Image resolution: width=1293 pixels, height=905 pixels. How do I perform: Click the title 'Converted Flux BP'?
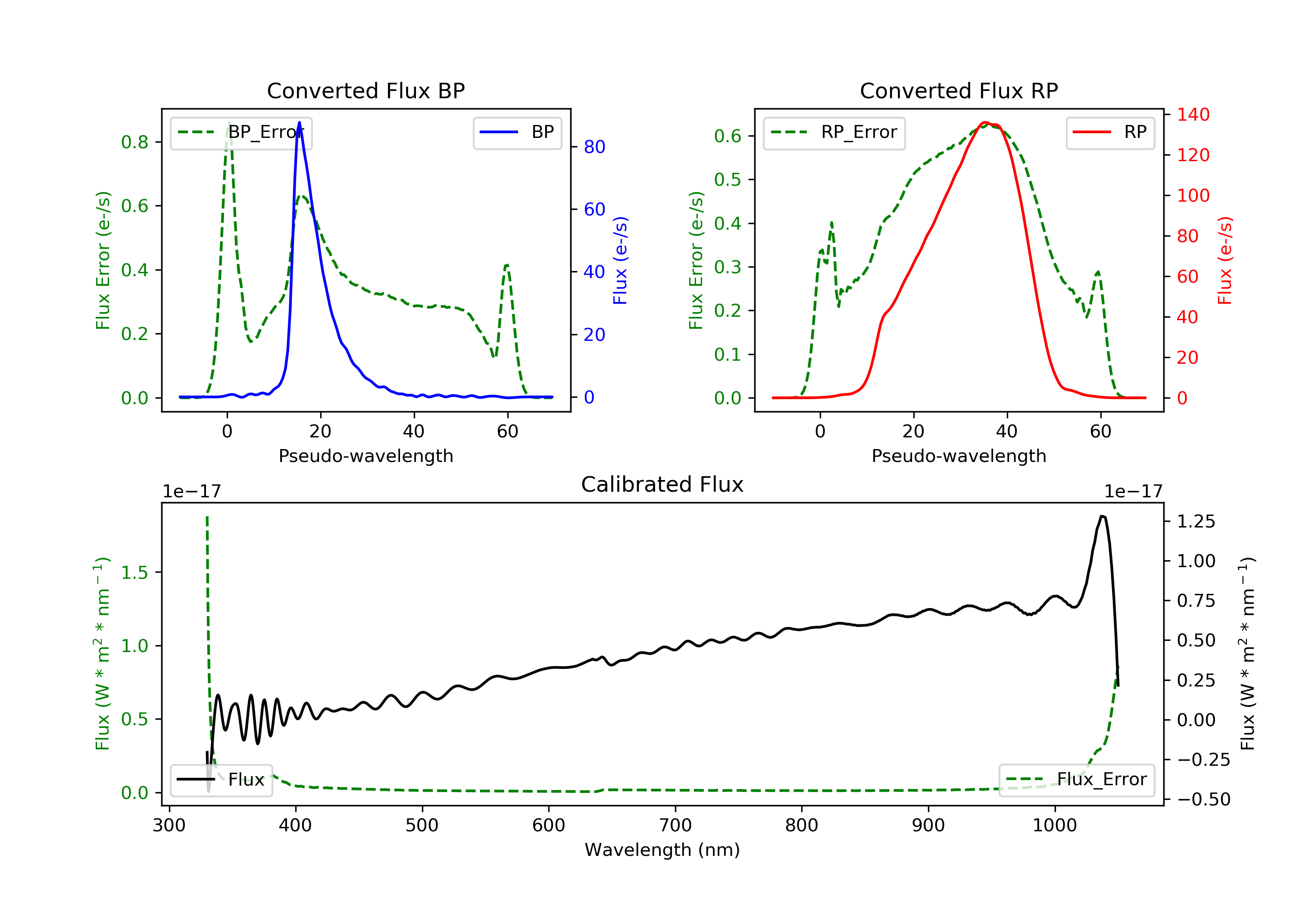pyautogui.click(x=365, y=90)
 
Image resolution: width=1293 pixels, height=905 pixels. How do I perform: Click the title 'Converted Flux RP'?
pyautogui.click(x=959, y=90)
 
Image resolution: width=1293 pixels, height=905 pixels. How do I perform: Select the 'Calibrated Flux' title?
pyautogui.click(x=662, y=484)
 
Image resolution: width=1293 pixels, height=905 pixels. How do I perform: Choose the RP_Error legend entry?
pyautogui.click(x=834, y=132)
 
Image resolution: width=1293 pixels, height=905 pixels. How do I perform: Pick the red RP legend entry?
pyautogui.click(x=1110, y=132)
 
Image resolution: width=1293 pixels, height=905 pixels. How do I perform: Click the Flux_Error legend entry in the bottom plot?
pyautogui.click(x=1076, y=780)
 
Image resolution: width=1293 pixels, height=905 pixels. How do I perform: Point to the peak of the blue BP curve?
pyautogui.click(x=299, y=123)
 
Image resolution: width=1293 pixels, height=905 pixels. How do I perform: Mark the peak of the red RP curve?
pyautogui.click(x=984, y=122)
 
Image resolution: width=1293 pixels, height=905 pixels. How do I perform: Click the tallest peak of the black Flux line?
pyautogui.click(x=1102, y=516)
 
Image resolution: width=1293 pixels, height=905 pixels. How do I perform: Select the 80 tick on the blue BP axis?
pyautogui.click(x=594, y=147)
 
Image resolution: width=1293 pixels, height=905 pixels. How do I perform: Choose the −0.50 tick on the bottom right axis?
pyautogui.click(x=1203, y=800)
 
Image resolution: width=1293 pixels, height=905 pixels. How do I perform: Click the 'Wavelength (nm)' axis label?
pyautogui.click(x=662, y=850)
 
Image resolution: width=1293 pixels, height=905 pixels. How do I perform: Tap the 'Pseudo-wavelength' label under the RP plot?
pyautogui.click(x=959, y=456)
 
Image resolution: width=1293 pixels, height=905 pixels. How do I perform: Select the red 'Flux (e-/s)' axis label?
pyautogui.click(x=1225, y=260)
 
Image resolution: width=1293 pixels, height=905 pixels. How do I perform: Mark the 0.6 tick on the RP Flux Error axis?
pyautogui.click(x=728, y=136)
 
